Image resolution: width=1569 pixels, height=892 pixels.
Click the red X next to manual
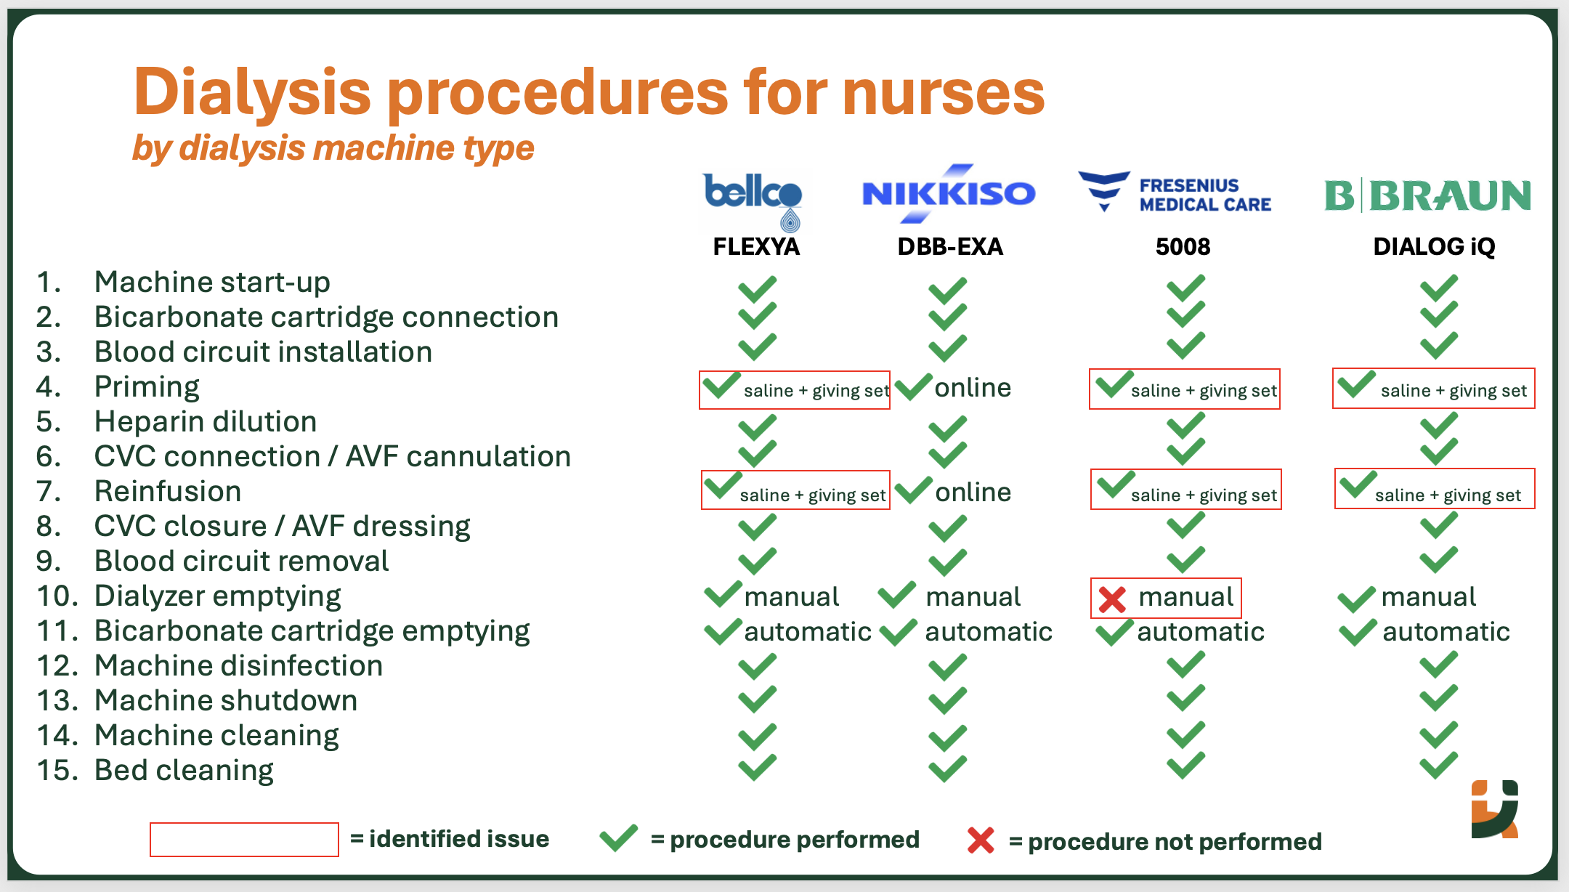point(1111,599)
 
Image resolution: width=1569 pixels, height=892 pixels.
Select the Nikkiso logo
point(948,193)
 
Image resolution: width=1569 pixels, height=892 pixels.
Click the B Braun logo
point(1427,196)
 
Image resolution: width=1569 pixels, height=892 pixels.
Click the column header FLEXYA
point(756,247)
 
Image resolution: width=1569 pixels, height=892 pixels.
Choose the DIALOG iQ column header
point(1434,247)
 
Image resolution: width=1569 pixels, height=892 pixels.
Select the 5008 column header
point(1183,247)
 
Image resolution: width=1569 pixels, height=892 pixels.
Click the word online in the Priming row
point(973,388)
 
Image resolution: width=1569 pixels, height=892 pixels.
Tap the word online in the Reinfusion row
point(973,492)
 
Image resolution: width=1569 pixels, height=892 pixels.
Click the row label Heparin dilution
point(206,422)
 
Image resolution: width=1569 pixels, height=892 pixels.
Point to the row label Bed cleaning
point(184,771)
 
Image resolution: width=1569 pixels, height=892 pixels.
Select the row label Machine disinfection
point(238,666)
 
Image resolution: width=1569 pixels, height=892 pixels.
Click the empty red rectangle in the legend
point(244,840)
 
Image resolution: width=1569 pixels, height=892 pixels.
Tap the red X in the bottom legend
point(981,840)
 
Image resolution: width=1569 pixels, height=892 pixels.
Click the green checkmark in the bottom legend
point(619,838)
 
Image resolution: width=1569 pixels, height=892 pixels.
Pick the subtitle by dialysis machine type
point(333,148)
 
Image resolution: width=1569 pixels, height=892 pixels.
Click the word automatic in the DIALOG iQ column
point(1446,632)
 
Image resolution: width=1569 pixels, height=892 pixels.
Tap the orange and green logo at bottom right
point(1495,809)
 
